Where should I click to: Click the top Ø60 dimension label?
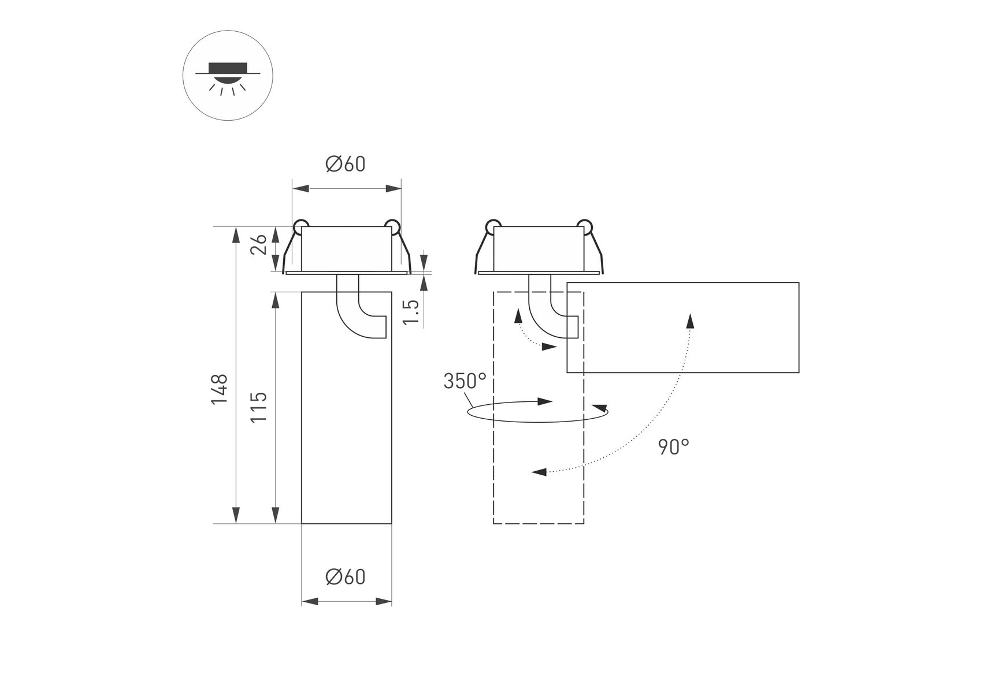pyautogui.click(x=346, y=165)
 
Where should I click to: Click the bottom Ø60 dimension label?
pyautogui.click(x=346, y=577)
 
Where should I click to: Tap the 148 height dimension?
pyautogui.click(x=220, y=389)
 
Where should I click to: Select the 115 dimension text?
pyautogui.click(x=259, y=406)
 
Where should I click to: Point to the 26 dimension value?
pyautogui.click(x=259, y=244)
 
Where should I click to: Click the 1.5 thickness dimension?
pyautogui.click(x=410, y=312)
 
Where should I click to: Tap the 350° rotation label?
pyautogui.click(x=465, y=381)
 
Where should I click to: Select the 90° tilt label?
pyautogui.click(x=674, y=446)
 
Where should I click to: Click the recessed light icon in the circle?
pyautogui.click(x=228, y=76)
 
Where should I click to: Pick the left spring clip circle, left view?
pyautogui.click(x=300, y=226)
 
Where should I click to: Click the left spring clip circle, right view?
pyautogui.click(x=493, y=226)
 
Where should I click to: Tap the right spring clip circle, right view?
pyautogui.click(x=584, y=226)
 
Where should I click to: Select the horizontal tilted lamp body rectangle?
pyautogui.click(x=682, y=327)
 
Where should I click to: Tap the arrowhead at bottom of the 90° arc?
pyautogui.click(x=539, y=472)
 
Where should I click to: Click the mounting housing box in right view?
pyautogui.click(x=539, y=248)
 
